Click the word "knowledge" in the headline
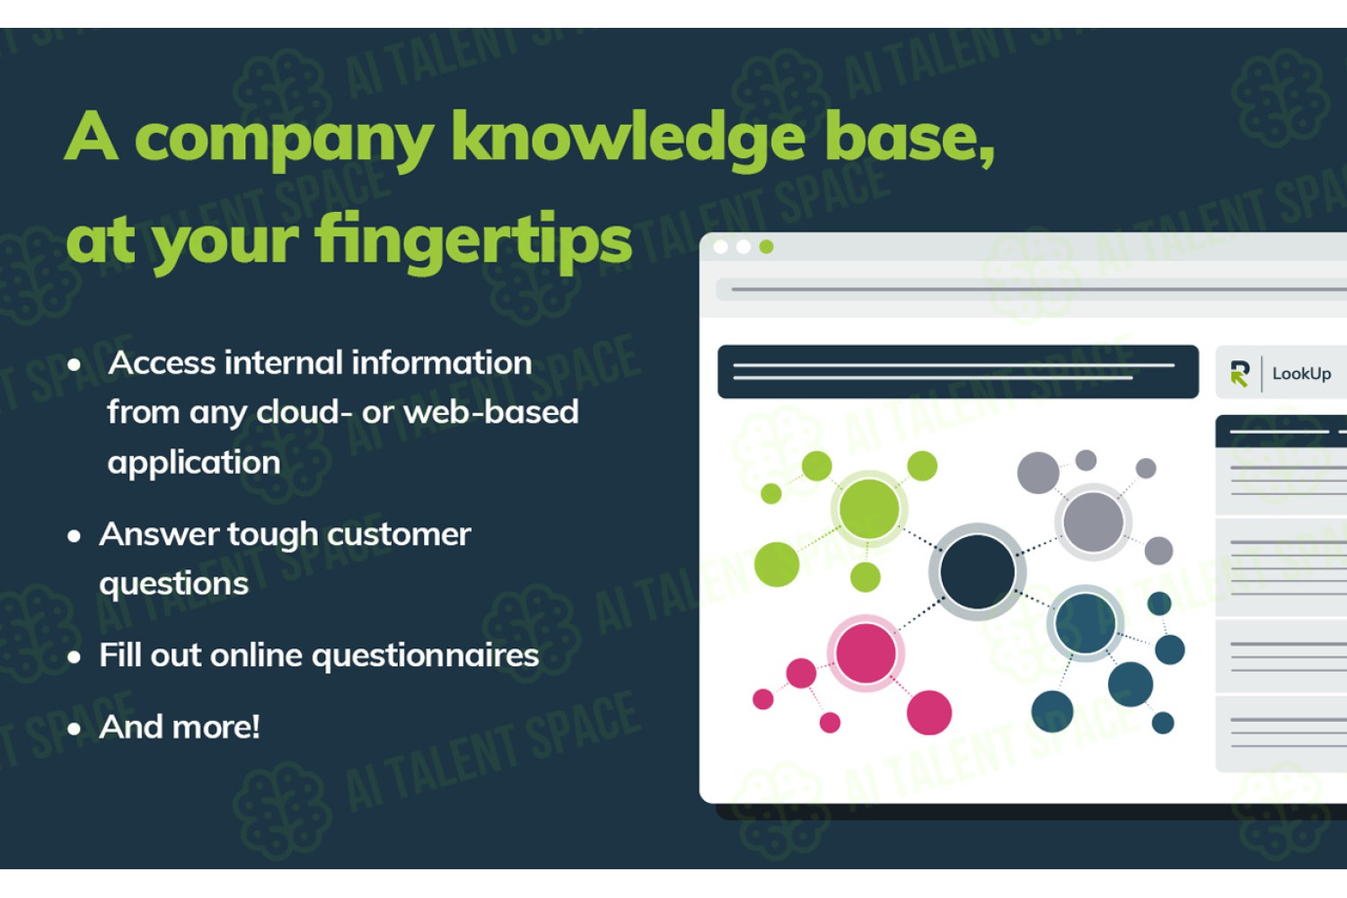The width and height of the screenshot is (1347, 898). (629, 141)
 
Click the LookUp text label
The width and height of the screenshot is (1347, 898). (1301, 374)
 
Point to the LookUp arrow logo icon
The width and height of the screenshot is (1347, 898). (1239, 374)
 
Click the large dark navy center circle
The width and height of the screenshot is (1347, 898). (977, 572)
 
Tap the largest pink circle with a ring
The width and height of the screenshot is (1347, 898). (866, 653)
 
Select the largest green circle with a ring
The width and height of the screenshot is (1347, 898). (869, 509)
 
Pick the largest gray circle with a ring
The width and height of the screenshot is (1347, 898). (1093, 522)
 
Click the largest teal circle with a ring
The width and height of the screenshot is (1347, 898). (1086, 623)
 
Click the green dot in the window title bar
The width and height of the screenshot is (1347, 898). (766, 247)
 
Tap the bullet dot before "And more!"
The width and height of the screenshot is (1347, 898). (74, 729)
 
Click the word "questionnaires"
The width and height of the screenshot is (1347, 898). (425, 655)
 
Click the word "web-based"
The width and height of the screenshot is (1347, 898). (490, 412)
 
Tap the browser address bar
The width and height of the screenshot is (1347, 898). (1031, 289)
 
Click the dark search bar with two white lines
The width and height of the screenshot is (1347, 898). (958, 372)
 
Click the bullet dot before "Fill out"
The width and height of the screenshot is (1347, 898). (74, 656)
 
